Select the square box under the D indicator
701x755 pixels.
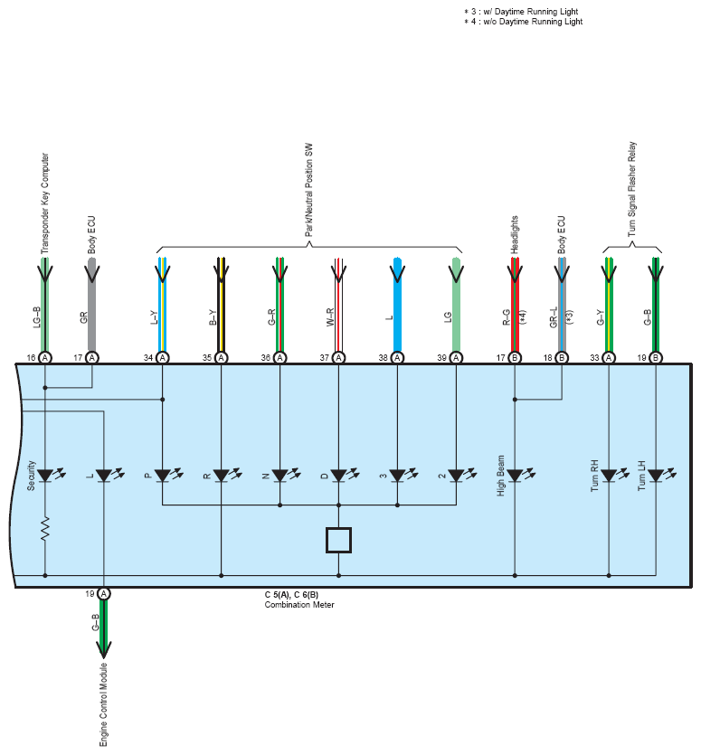(x=338, y=540)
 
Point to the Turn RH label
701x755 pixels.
(x=594, y=476)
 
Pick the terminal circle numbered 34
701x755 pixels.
(x=163, y=358)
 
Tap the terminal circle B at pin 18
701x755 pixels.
(x=562, y=358)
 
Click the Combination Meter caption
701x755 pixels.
(x=299, y=605)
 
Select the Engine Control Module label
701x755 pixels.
(x=104, y=705)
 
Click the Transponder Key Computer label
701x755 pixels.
(x=45, y=203)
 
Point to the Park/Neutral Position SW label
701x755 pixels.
(x=308, y=190)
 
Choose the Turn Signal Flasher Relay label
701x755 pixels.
(x=632, y=189)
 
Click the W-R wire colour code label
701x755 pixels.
(x=330, y=317)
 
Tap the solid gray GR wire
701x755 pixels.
(x=92, y=305)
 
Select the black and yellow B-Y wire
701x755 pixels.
(x=221, y=305)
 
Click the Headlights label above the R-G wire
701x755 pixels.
(x=515, y=234)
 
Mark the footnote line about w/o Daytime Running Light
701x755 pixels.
(x=523, y=22)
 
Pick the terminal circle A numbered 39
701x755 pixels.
(x=456, y=358)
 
